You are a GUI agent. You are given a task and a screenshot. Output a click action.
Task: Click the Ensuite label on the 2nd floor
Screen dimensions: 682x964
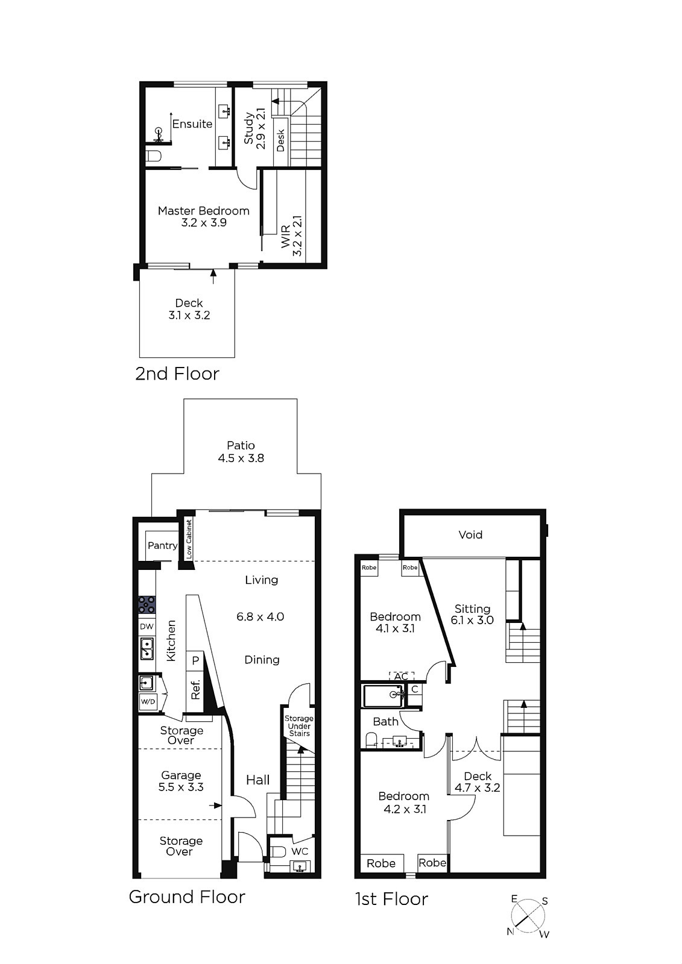click(x=192, y=124)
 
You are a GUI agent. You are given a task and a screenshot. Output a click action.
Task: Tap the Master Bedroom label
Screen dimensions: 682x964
click(x=203, y=211)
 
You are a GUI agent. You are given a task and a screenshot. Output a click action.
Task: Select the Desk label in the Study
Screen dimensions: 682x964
click(x=280, y=141)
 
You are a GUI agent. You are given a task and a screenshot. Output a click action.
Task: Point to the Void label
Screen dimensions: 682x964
click(x=470, y=534)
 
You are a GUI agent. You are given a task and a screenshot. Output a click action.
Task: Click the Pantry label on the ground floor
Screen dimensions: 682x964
click(x=162, y=546)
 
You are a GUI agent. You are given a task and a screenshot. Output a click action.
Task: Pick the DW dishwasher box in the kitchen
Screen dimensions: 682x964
click(x=147, y=627)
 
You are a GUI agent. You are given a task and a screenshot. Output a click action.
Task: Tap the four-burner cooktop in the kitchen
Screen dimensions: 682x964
click(x=147, y=604)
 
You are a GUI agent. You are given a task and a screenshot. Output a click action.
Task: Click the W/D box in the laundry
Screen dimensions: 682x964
click(x=148, y=702)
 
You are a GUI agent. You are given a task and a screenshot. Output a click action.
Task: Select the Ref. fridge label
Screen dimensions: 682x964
click(x=196, y=689)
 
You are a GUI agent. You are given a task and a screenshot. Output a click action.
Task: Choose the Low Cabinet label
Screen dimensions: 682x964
click(x=189, y=539)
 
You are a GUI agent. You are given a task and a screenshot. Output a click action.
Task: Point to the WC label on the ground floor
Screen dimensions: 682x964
click(x=300, y=851)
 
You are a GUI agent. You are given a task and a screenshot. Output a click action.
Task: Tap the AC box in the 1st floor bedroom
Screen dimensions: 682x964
click(x=402, y=676)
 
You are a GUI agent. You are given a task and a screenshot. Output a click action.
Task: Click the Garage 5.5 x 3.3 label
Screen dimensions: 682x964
click(x=181, y=781)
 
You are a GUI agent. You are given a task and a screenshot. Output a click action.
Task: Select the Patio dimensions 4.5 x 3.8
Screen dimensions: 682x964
click(x=241, y=458)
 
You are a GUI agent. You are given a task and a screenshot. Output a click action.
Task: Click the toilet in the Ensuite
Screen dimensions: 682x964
click(x=153, y=155)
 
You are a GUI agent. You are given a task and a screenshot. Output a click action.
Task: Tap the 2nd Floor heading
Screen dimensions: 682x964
click(x=177, y=374)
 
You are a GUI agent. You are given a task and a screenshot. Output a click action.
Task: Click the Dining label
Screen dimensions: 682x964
click(x=262, y=660)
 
